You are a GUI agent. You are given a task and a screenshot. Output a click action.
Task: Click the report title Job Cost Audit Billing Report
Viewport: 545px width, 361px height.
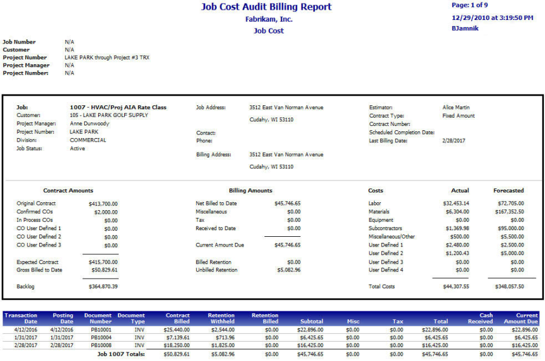tap(266, 7)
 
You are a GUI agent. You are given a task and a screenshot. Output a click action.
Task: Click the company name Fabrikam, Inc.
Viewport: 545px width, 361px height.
tap(268, 19)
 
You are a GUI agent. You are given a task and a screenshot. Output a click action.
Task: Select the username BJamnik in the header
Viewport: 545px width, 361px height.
tap(465, 28)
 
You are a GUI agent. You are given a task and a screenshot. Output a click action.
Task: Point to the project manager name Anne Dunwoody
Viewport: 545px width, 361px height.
tap(90, 124)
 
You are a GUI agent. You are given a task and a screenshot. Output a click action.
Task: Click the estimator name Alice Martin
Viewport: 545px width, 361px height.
tap(457, 108)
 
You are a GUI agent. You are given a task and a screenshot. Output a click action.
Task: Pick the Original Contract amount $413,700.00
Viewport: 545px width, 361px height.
tap(103, 204)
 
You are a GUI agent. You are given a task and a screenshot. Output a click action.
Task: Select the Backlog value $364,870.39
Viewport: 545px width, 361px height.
tap(103, 286)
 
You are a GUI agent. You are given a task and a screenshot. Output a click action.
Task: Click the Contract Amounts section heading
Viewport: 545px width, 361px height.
tap(68, 191)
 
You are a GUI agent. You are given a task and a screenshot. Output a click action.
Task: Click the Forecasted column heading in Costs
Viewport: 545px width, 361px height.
tap(509, 191)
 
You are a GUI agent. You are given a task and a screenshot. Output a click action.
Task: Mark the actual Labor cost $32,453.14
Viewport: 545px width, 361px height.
tap(456, 204)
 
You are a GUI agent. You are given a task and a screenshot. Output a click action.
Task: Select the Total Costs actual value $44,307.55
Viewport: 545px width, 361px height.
tap(456, 286)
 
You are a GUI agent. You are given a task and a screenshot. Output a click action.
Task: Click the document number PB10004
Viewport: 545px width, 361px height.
tap(101, 338)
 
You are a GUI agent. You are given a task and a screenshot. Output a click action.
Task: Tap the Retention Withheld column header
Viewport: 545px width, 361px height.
tap(221, 319)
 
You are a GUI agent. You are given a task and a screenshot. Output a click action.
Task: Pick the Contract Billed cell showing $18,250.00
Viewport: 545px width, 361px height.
tap(177, 346)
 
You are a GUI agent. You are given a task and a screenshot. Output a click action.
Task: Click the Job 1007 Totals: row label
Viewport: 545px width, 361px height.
tap(121, 354)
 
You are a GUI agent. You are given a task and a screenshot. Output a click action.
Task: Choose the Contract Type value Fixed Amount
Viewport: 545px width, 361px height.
tap(458, 116)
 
